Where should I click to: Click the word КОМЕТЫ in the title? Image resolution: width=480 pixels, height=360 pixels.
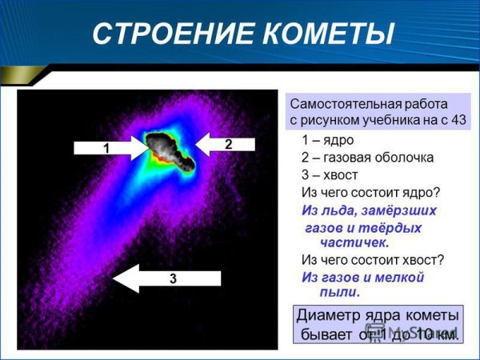coord(320,34)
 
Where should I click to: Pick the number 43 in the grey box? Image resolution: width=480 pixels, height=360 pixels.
coord(458,120)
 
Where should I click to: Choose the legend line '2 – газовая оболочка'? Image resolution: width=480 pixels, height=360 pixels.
coord(367,157)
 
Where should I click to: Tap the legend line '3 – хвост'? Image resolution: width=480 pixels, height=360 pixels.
coord(330,174)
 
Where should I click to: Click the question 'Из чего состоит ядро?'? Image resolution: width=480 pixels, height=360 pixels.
coord(370,192)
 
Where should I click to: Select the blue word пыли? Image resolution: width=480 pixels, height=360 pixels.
coord(319,293)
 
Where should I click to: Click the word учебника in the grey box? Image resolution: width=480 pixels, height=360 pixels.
coord(384,120)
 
